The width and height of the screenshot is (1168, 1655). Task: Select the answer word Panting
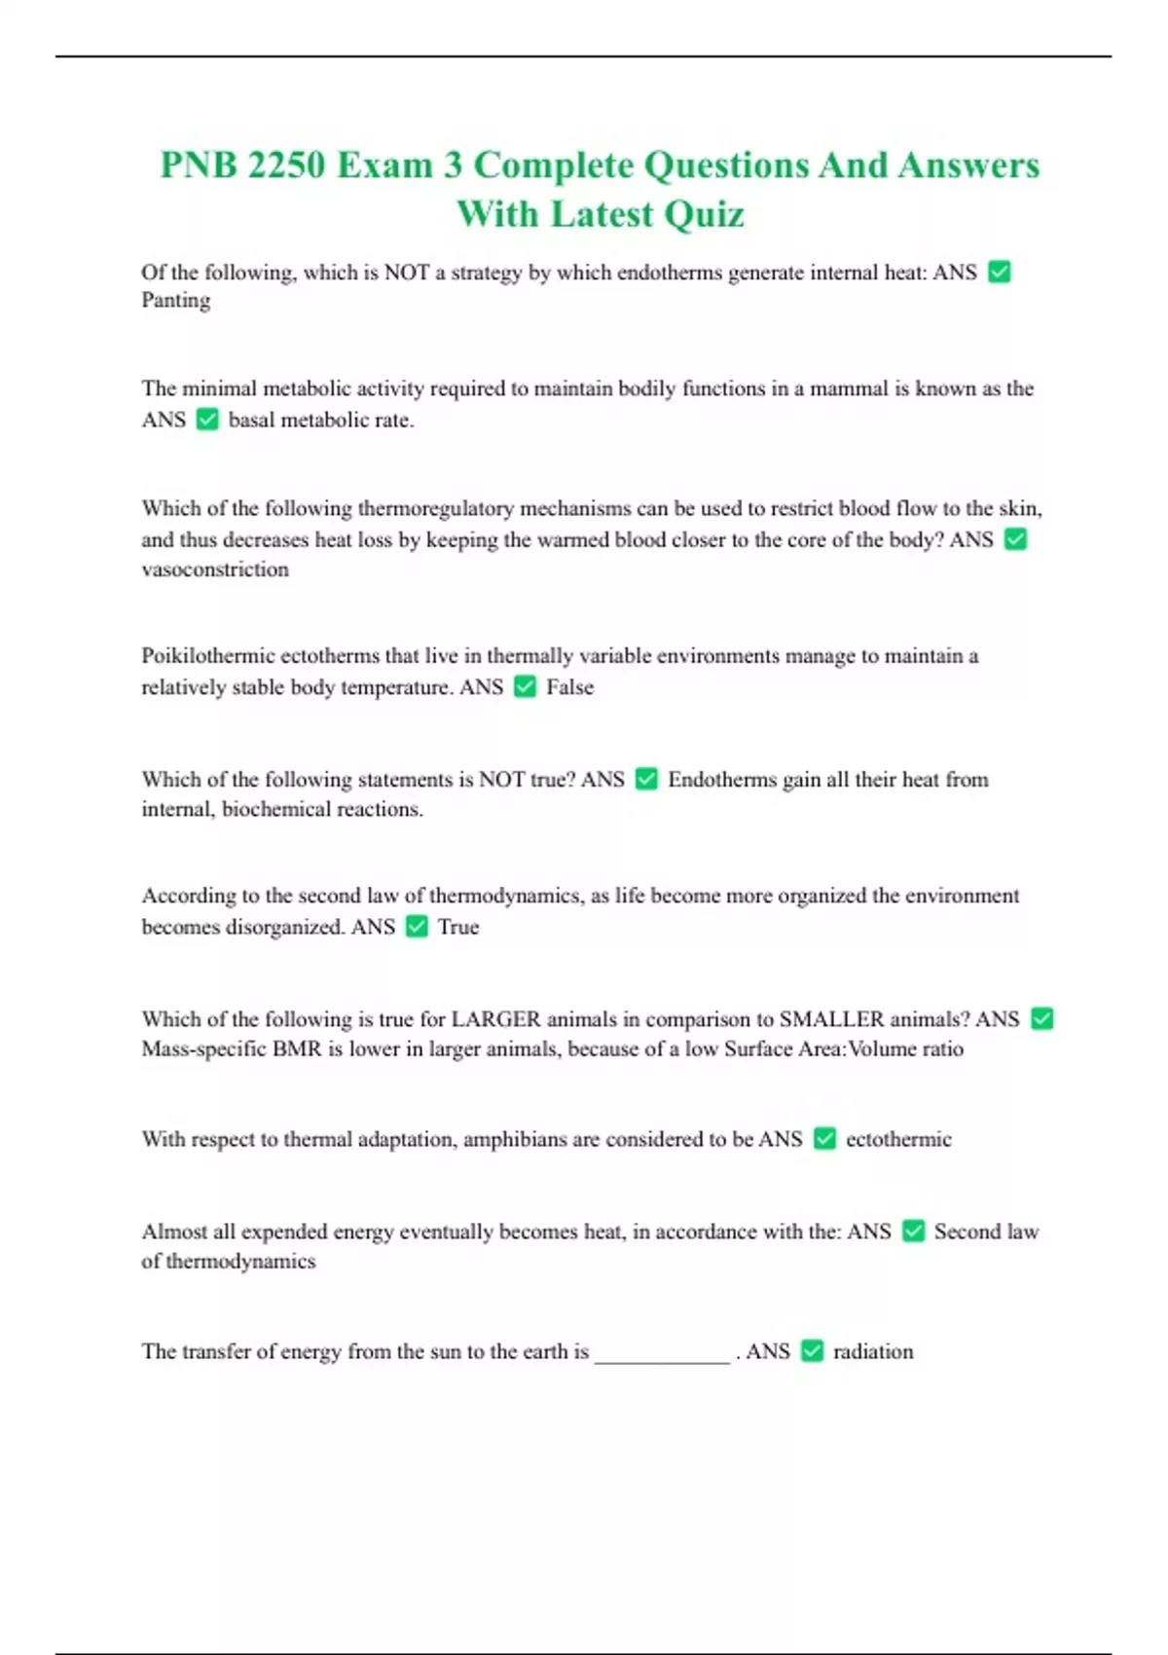(x=176, y=301)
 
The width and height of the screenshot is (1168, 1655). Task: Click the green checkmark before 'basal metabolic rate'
(x=207, y=420)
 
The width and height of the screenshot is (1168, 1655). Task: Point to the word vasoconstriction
(x=215, y=570)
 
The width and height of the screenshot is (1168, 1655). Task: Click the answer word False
(x=569, y=687)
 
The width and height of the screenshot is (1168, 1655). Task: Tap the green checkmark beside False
(x=525, y=687)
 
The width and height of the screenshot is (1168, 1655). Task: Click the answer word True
(x=458, y=927)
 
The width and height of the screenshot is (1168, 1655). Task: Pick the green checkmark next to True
(x=417, y=927)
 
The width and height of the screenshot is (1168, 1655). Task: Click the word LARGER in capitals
(x=495, y=1019)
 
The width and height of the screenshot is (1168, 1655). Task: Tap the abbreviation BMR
(x=297, y=1049)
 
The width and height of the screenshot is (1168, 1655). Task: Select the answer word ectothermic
(x=898, y=1139)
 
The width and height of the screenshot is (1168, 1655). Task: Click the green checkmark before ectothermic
(x=824, y=1139)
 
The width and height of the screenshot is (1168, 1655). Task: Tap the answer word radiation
(x=873, y=1351)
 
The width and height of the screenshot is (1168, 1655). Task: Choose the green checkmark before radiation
(x=812, y=1351)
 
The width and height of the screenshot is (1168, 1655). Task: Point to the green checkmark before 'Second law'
(x=913, y=1232)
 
